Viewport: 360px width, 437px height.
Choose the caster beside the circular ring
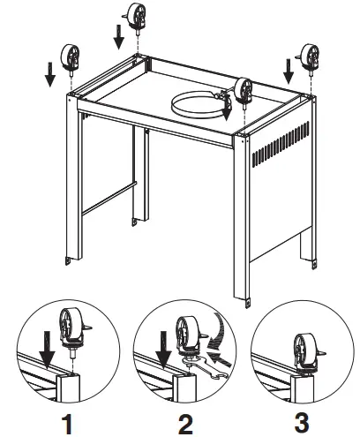[x=243, y=89]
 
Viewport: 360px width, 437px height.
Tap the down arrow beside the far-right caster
[x=286, y=69]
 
